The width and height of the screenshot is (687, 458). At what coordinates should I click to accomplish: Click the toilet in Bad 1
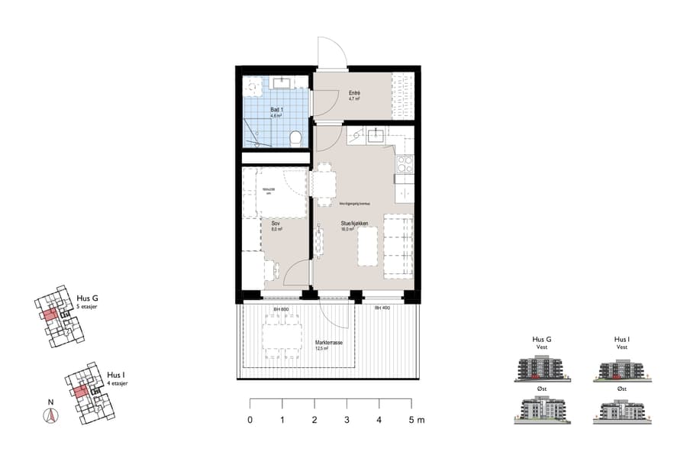[295, 138]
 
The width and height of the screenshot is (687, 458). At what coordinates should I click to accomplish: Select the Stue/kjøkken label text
[355, 224]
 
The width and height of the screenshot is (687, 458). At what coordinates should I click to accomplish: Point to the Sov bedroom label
[276, 224]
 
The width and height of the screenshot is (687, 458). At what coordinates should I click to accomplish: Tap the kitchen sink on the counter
[375, 137]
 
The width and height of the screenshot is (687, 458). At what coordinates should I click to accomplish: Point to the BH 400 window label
[382, 308]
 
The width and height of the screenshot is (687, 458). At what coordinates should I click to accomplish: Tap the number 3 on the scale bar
[347, 421]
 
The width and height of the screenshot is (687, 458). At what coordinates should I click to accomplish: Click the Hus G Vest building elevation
[541, 369]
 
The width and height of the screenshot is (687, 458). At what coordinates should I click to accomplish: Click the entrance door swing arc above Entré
[332, 52]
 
